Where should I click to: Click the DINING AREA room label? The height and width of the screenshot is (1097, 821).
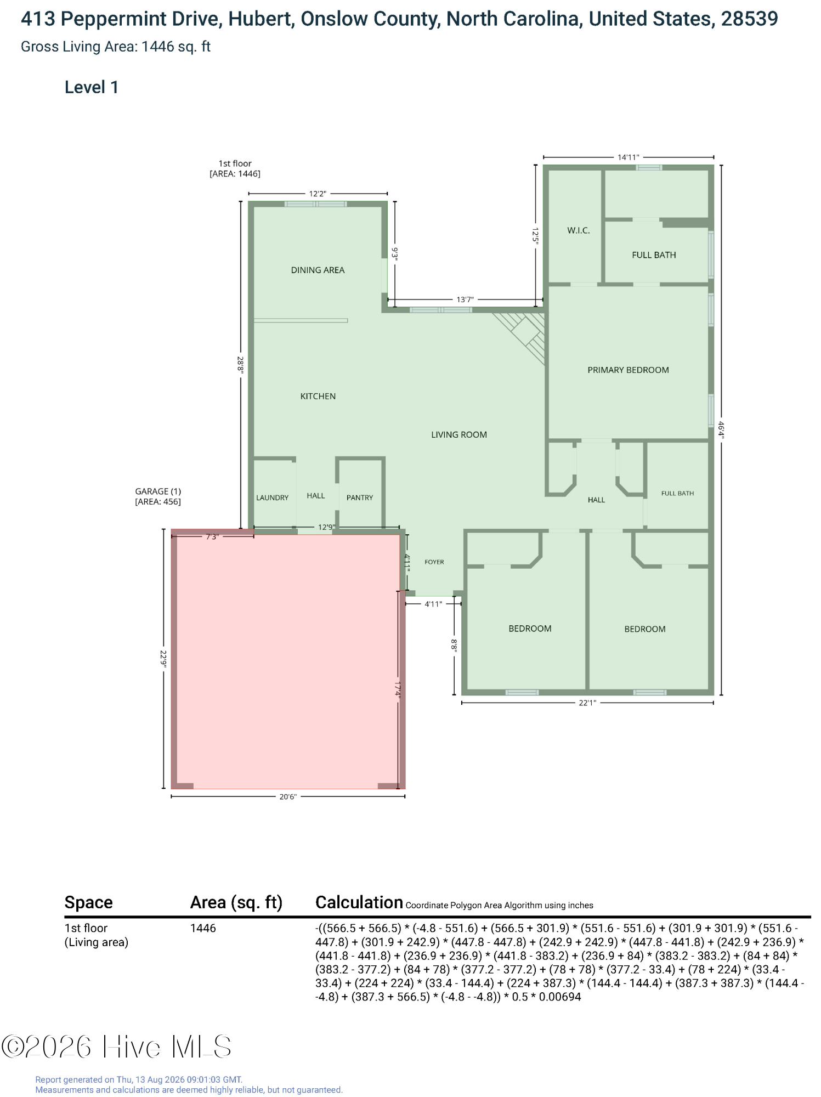318,270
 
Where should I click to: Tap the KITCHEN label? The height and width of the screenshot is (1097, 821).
318,396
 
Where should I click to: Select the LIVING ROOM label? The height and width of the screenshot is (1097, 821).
458,434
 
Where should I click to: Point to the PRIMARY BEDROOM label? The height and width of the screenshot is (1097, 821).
628,370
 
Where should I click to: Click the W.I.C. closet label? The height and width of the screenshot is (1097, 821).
579,230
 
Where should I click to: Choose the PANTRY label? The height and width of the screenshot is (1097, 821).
359,497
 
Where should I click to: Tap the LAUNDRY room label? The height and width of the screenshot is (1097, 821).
272,497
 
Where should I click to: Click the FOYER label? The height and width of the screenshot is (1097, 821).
434,562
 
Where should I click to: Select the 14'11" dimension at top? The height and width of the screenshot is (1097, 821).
628,157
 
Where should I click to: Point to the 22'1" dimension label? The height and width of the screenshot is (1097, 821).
587,703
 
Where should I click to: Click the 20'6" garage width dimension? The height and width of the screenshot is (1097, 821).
287,796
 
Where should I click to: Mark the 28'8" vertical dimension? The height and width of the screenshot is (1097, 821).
240,364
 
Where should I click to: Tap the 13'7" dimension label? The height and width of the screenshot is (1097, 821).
465,299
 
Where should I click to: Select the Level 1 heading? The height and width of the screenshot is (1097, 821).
92,87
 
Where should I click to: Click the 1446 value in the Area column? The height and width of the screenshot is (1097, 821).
203,928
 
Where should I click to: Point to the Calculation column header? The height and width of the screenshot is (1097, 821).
359,902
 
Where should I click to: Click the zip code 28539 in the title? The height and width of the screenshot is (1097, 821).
749,19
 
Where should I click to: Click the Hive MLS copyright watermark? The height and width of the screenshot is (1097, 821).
116,1047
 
